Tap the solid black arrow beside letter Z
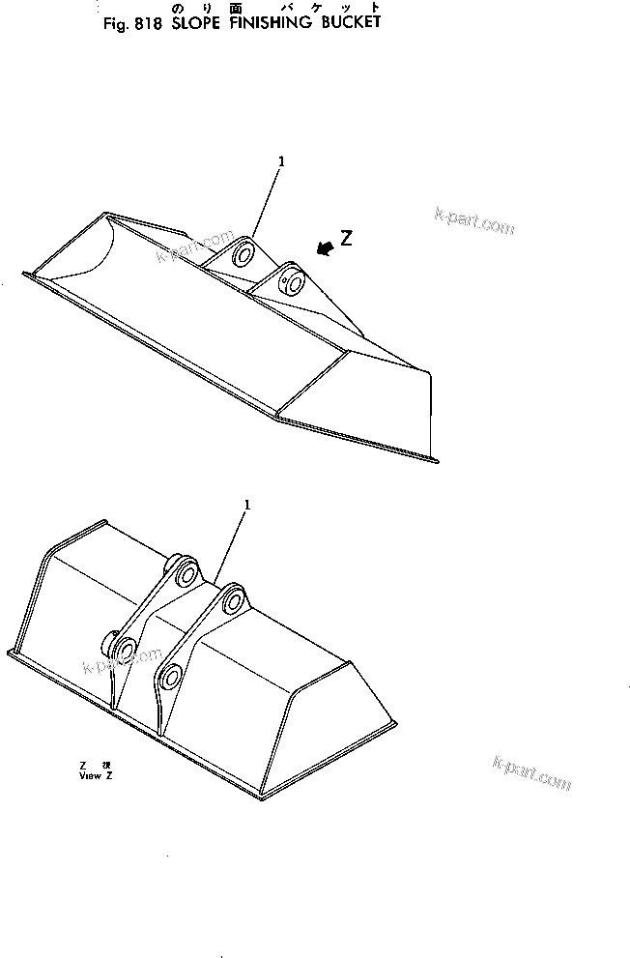[325, 247]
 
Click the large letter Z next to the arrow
[346, 239]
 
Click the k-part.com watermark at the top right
[474, 221]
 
